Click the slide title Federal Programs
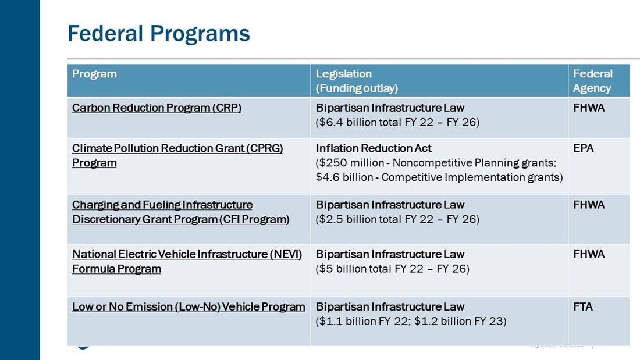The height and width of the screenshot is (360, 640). [x=158, y=33]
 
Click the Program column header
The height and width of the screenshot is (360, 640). [x=94, y=74]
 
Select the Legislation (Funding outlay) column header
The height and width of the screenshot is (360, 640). [x=357, y=81]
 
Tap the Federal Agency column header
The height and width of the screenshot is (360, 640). [x=592, y=81]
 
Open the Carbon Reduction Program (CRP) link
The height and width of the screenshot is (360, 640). [x=157, y=108]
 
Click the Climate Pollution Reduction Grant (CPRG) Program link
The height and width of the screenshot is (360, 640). [x=177, y=155]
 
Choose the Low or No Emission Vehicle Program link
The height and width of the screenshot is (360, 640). [x=189, y=306]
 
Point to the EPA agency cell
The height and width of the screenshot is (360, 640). [x=584, y=148]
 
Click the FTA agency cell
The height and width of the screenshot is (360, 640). [x=583, y=306]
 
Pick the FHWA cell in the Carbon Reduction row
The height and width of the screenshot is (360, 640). [x=589, y=108]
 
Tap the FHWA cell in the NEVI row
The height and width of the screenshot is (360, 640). [x=589, y=254]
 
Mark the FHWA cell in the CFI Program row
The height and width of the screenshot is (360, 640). [x=589, y=205]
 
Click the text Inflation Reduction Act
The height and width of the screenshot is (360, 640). [x=374, y=148]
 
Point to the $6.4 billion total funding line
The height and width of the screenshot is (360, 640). [x=397, y=123]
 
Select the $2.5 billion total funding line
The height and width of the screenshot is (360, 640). [x=397, y=220]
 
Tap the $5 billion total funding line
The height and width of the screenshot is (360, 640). [x=392, y=269]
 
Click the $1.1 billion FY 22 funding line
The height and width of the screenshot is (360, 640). [x=411, y=321]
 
